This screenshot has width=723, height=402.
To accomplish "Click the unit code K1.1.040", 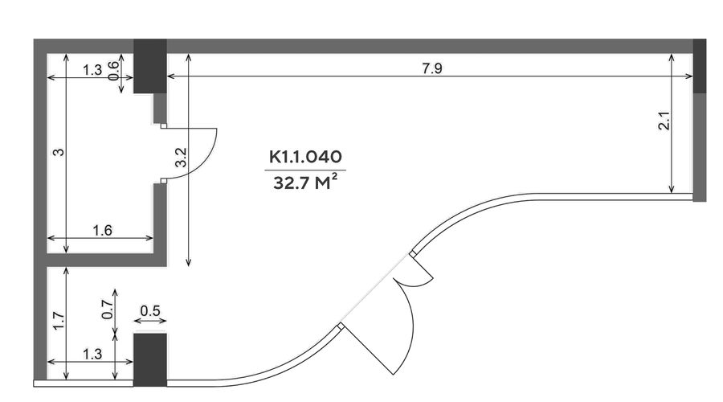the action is pyautogui.click(x=305, y=157).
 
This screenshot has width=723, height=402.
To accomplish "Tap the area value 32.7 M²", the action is pyautogui.click(x=305, y=183).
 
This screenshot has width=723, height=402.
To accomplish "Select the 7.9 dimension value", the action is pyautogui.click(x=432, y=68).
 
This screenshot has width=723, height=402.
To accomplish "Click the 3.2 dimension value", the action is pyautogui.click(x=181, y=157).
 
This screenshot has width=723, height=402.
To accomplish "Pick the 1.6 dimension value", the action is pyautogui.click(x=102, y=230).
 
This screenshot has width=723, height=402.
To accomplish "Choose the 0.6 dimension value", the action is pyautogui.click(x=113, y=71).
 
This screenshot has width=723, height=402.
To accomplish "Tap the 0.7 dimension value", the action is pyautogui.click(x=108, y=310).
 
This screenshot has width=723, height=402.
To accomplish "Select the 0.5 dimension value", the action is pyautogui.click(x=150, y=311).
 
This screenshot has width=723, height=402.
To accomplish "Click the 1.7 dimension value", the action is pyautogui.click(x=59, y=322).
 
